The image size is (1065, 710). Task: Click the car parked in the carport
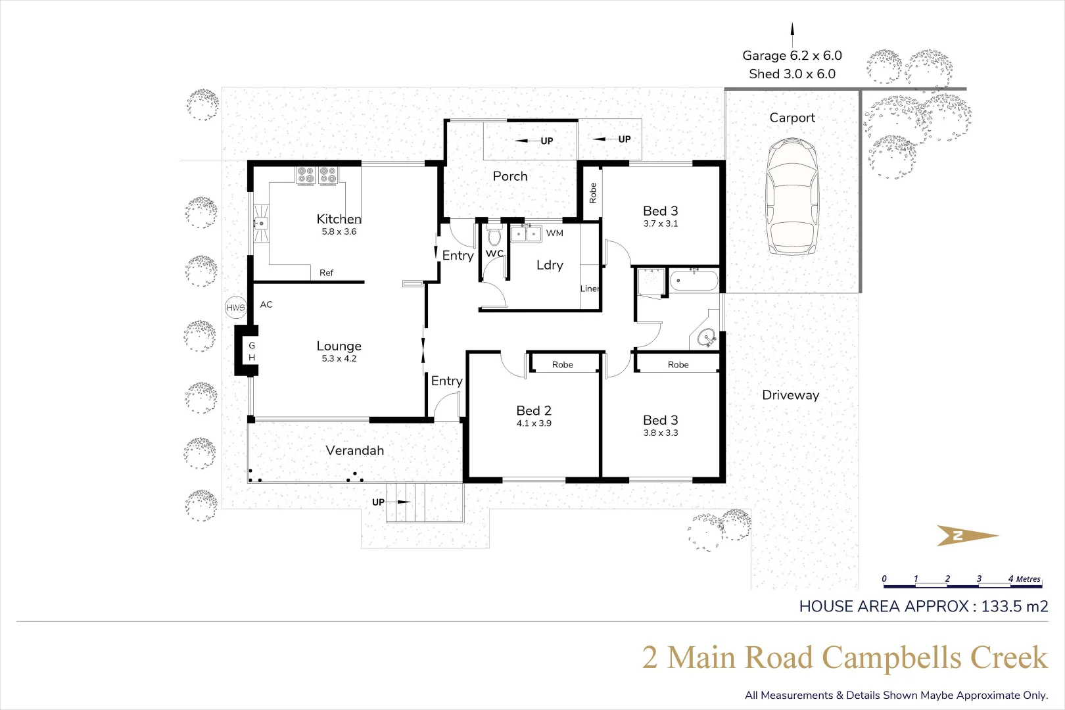point(792,197)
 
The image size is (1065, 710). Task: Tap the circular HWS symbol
point(236,307)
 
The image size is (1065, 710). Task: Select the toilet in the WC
point(494,235)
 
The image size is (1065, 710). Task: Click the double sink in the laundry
point(526,233)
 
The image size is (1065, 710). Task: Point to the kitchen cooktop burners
point(317,175)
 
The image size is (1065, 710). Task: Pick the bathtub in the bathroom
point(694,281)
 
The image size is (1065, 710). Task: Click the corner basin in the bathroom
point(707,338)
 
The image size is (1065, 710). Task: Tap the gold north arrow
point(968,536)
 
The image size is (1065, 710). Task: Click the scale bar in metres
point(962,582)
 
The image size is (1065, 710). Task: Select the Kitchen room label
point(339,219)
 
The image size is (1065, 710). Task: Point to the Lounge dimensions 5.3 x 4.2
point(339,358)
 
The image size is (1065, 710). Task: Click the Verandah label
point(355,450)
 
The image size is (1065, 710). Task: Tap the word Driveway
point(791,395)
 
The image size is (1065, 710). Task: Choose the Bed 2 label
point(534,410)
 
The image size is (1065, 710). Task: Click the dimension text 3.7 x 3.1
point(661,224)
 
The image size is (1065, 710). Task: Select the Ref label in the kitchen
point(326,272)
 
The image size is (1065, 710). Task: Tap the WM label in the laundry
point(555,233)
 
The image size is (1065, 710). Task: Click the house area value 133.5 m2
point(1014,606)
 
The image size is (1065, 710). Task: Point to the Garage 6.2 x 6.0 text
point(792,56)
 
